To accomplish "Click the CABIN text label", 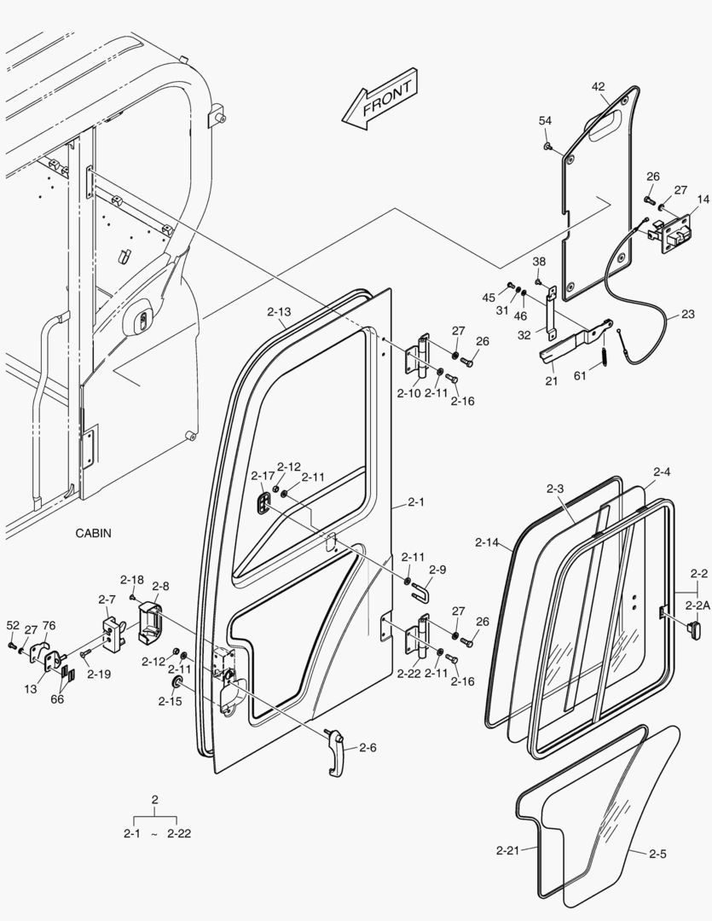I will click(93, 533).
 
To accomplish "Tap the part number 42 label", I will click(598, 86).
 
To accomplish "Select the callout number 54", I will click(545, 121).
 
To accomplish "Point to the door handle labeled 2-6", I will click(336, 750).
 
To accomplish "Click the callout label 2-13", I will click(278, 312).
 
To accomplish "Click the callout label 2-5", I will click(657, 853).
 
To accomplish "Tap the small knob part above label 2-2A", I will click(694, 629).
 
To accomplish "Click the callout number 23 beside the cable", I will click(687, 314).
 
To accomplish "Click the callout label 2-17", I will click(263, 476).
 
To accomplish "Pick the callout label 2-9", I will click(437, 570).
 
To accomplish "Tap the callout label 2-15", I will click(170, 702).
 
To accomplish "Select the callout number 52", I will click(12, 626).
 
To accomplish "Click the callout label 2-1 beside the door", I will click(415, 502).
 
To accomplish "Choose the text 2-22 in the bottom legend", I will click(178, 833).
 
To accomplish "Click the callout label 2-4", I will click(662, 472).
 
